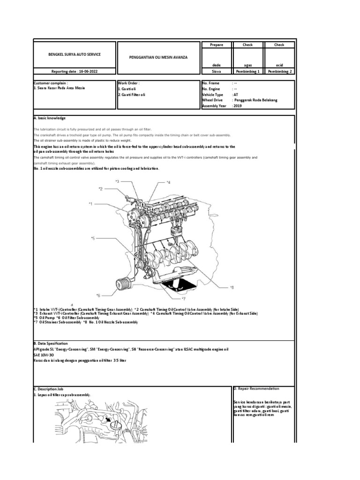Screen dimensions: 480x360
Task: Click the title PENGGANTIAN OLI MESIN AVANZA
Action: pyautogui.click(x=158, y=57)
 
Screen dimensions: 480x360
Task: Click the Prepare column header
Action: pyautogui.click(x=217, y=45)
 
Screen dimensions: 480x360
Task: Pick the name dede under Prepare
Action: pyautogui.click(x=217, y=65)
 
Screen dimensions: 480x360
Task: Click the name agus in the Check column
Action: pyautogui.click(x=247, y=65)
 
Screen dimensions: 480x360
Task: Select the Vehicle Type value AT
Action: pyautogui.click(x=235, y=94)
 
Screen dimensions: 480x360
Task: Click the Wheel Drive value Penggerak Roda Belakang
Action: pyautogui.click(x=255, y=100)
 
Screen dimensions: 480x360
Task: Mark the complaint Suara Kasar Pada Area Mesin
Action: pyautogui.click(x=60, y=88)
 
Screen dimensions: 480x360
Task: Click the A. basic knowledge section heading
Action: pyautogui.click(x=50, y=118)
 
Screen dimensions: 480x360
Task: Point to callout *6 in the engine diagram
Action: pyautogui.click(x=98, y=295)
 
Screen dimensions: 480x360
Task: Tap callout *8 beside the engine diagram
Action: pyautogui.click(x=232, y=287)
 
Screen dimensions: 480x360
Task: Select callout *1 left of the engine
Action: pyautogui.click(x=91, y=204)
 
